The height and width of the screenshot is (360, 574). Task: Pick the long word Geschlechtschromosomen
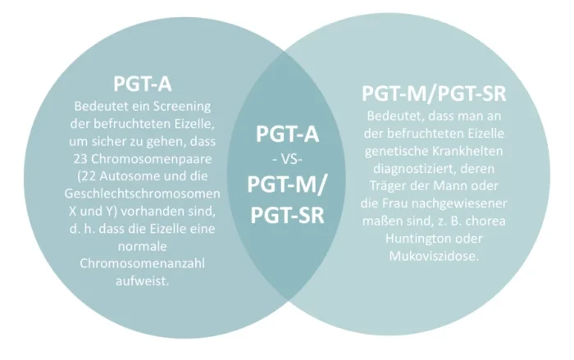click(x=141, y=193)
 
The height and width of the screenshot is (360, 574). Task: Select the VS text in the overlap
click(x=286, y=157)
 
